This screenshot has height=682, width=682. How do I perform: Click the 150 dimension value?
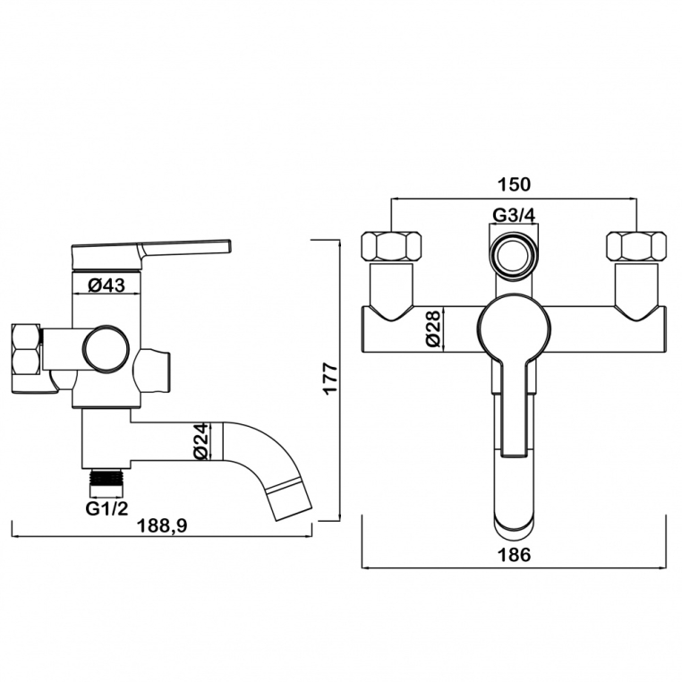tap(513, 184)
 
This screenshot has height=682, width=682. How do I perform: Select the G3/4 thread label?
tap(513, 215)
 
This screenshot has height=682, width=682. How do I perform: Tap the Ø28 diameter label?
tap(433, 328)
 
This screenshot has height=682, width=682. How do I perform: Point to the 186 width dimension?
tap(513, 555)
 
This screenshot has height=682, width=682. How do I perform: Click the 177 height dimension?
tap(331, 378)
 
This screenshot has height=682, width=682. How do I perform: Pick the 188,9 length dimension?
tap(162, 526)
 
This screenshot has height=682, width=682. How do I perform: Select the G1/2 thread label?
tap(107, 508)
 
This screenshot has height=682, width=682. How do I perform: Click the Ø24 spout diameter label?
tap(200, 440)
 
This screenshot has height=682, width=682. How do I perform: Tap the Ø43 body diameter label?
tap(107, 286)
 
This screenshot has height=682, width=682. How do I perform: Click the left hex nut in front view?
tap(391, 247)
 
